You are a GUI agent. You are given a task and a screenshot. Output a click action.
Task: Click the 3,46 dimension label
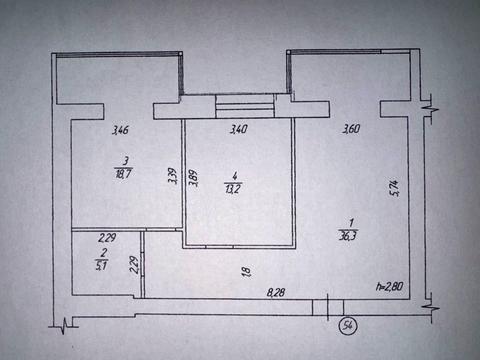pos(120,129)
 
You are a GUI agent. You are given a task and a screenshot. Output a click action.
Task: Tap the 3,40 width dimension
pos(238,129)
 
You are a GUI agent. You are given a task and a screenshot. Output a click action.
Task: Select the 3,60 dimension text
pos(351,129)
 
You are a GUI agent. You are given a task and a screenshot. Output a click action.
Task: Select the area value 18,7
pos(124,172)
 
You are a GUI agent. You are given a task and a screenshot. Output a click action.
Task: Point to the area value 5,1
pos(100,266)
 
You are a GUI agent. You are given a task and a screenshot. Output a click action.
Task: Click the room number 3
pos(124,160)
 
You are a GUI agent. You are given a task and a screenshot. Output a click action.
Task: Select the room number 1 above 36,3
pos(349,225)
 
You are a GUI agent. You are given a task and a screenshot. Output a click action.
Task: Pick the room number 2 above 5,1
pos(100,253)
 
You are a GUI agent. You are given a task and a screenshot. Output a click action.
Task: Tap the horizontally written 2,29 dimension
pos(106,238)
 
